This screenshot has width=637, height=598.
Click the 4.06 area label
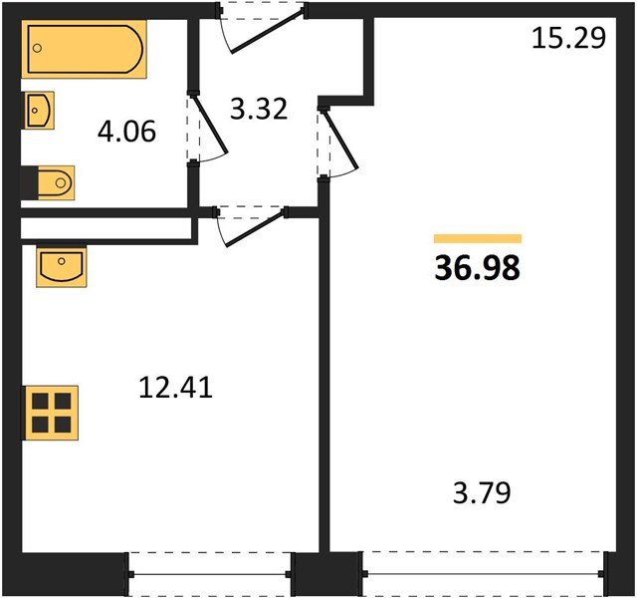click(127, 131)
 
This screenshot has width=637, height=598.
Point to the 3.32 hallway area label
click(259, 108)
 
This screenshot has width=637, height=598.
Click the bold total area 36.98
click(478, 268)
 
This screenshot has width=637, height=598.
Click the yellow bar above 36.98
click(478, 238)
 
